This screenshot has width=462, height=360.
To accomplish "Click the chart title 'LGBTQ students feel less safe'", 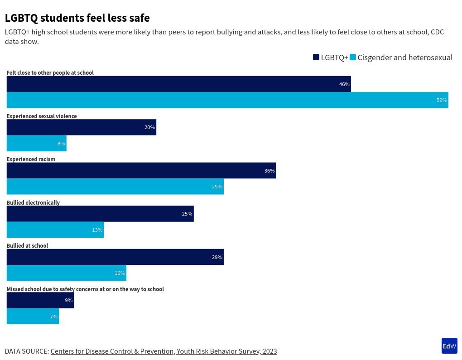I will coord(77,18).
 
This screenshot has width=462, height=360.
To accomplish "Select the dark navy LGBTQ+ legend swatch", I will coord(316,57).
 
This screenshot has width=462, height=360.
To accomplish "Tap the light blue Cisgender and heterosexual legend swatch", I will coord(353,57).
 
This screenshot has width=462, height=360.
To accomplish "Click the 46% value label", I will coord(344,84).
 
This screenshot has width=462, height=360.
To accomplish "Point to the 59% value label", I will coord(442,100).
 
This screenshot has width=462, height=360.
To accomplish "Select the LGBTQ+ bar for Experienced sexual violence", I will coord(81,127).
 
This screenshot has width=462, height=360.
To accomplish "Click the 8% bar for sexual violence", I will coord(36,144).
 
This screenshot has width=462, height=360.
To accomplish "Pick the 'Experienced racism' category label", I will coord(31,159).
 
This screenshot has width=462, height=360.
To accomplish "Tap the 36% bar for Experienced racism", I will coord(141,171).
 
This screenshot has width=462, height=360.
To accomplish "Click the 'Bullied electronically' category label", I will coord(33,203).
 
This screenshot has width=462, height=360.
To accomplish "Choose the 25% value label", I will coord(187,214).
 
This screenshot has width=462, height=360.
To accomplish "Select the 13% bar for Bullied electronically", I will coord(55,230).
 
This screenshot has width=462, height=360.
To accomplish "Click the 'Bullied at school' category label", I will coord(27,246).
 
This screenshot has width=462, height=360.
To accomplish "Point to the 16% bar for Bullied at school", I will coord(66,273).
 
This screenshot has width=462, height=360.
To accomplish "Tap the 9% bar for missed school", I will coord(40,300).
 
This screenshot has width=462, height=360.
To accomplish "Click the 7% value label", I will coord(54,317).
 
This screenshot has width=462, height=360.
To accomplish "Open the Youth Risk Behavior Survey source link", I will coord(164,351).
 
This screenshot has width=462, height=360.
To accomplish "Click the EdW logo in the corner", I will coord(449,346).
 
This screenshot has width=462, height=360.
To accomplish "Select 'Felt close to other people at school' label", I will coord(50,73).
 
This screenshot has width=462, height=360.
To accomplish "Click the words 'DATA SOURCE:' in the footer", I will coord(27,351).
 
